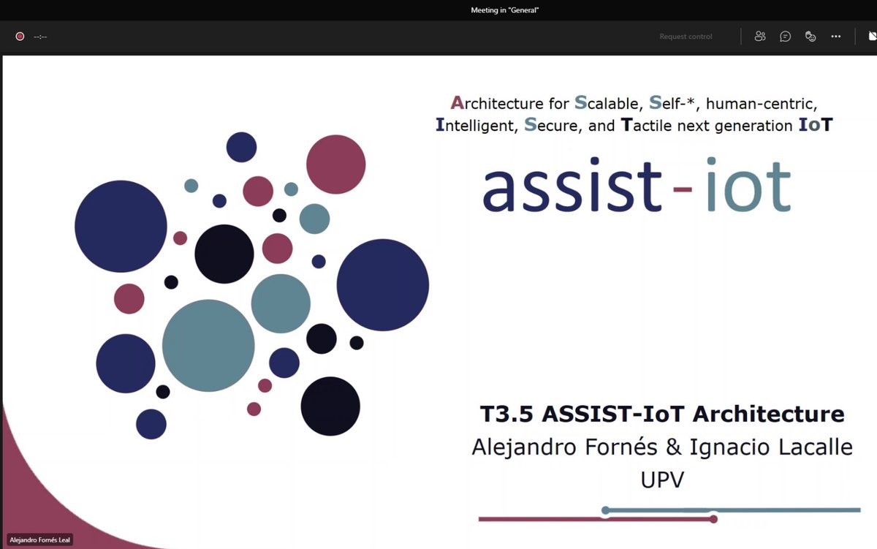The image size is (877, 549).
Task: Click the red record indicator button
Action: tap(20, 37)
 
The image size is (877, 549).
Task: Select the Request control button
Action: tap(686, 37)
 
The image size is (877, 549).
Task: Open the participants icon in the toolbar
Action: tap(760, 37)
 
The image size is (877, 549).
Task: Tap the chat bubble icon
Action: tap(785, 37)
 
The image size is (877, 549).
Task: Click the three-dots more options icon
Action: tap(836, 37)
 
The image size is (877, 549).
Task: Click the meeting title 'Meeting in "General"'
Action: tap(505, 10)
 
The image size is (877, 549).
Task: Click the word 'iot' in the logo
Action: tap(749, 186)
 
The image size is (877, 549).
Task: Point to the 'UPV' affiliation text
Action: tap(662, 480)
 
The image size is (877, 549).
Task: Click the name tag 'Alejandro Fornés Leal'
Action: tap(40, 540)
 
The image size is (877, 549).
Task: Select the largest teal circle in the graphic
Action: tap(208, 346)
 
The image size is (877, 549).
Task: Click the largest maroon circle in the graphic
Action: tap(335, 164)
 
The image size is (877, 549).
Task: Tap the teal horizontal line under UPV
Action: tap(731, 510)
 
